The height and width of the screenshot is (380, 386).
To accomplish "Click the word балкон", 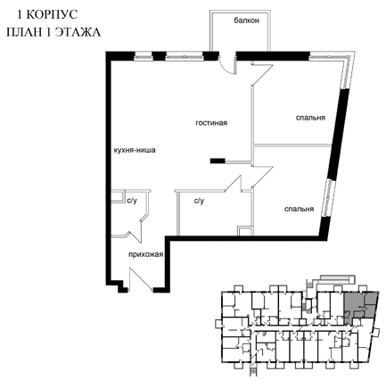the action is (x=246, y=21).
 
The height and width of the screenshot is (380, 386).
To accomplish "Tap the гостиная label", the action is (x=211, y=123).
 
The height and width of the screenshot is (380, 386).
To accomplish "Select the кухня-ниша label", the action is (x=135, y=150).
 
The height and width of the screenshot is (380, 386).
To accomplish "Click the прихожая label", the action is (x=146, y=254).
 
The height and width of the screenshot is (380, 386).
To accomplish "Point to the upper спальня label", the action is (x=310, y=118).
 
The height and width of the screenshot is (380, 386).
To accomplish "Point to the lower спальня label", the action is (x=299, y=209).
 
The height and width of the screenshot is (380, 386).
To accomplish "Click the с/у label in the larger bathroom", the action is (x=199, y=202).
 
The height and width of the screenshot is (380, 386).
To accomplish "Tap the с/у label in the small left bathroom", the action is (x=132, y=201).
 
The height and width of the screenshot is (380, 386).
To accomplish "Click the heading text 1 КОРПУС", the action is (x=47, y=14).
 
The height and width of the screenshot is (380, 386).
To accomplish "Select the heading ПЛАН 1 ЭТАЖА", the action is (x=53, y=32).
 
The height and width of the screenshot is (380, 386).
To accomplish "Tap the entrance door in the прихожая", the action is (x=141, y=278).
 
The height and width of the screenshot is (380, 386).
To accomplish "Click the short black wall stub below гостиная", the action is (x=218, y=161).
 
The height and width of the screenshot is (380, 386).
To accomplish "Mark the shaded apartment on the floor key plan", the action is (x=360, y=306).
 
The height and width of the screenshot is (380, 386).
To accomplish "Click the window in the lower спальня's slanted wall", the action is (x=329, y=199).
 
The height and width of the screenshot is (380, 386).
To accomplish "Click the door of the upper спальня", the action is (x=262, y=74).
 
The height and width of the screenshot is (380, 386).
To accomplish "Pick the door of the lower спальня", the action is (x=262, y=177).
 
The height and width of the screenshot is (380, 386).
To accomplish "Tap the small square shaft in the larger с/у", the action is (x=245, y=231).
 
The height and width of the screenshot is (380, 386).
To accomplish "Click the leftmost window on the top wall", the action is (x=144, y=56).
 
